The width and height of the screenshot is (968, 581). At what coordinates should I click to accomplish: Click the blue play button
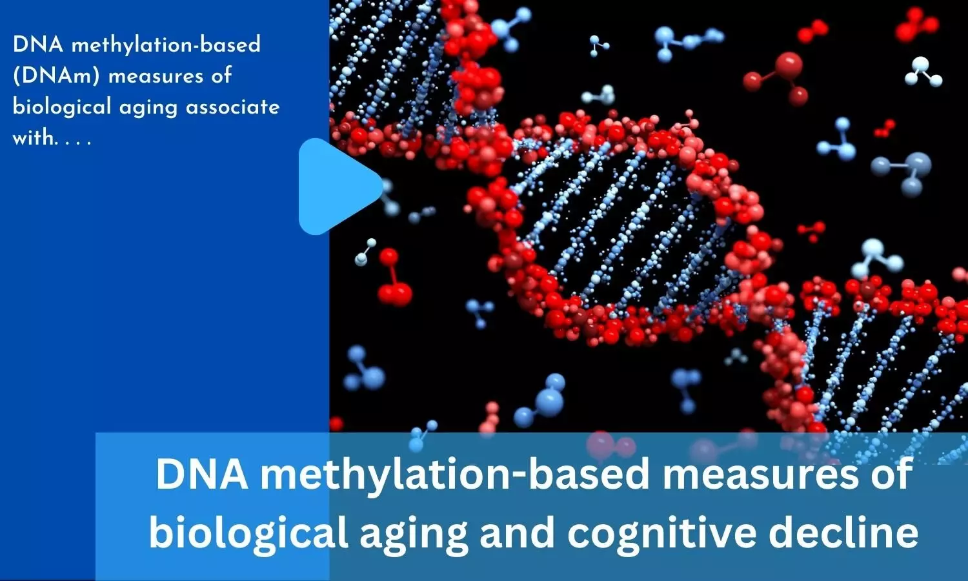(337, 187)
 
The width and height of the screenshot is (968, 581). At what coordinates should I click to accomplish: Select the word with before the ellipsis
(34, 138)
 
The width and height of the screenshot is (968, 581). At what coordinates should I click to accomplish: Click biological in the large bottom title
(248, 533)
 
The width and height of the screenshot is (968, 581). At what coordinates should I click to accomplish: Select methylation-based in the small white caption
(166, 45)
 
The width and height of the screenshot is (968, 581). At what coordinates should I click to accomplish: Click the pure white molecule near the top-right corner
(923, 72)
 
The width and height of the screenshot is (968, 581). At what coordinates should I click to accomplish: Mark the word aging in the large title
(414, 533)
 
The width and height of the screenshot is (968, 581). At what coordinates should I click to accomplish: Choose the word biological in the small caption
(62, 107)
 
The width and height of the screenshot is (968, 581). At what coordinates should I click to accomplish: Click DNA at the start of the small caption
(38, 45)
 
